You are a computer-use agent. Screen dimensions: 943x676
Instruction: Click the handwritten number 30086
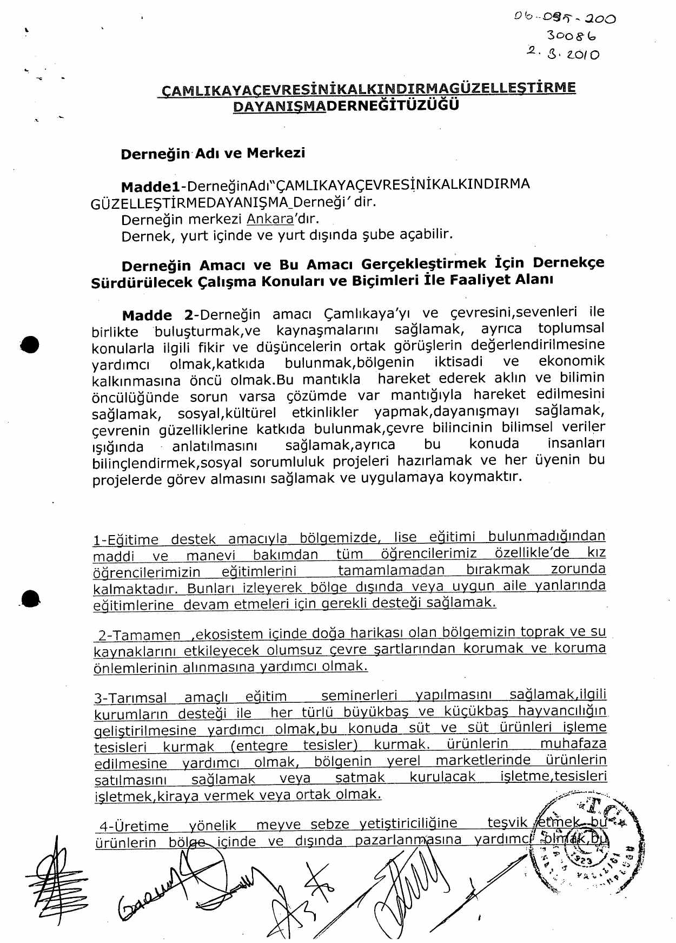(x=571, y=36)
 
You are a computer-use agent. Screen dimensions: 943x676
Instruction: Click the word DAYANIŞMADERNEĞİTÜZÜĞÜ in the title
(x=346, y=105)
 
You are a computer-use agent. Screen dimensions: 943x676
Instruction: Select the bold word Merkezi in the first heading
(x=276, y=153)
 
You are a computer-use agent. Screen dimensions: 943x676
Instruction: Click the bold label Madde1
(x=150, y=187)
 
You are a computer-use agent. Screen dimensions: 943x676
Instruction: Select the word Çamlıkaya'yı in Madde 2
(x=368, y=314)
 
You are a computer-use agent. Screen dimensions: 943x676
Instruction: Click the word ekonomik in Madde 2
(x=571, y=361)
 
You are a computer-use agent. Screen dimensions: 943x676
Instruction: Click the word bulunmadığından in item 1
(x=546, y=536)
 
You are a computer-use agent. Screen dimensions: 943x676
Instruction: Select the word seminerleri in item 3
(x=359, y=695)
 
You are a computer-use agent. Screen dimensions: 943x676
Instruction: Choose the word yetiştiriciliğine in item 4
(x=408, y=823)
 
